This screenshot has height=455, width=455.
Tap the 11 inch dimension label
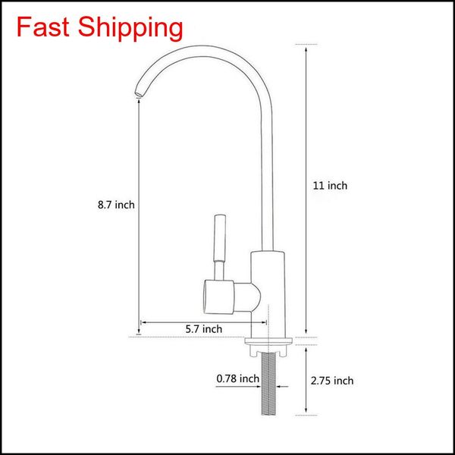330,186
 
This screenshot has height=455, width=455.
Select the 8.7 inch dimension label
116,204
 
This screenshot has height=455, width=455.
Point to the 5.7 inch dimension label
204,328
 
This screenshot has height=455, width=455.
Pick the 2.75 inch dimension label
333,381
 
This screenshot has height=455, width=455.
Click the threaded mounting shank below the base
267,387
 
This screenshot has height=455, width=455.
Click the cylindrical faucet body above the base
267,292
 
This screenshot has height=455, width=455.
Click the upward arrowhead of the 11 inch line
306,46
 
